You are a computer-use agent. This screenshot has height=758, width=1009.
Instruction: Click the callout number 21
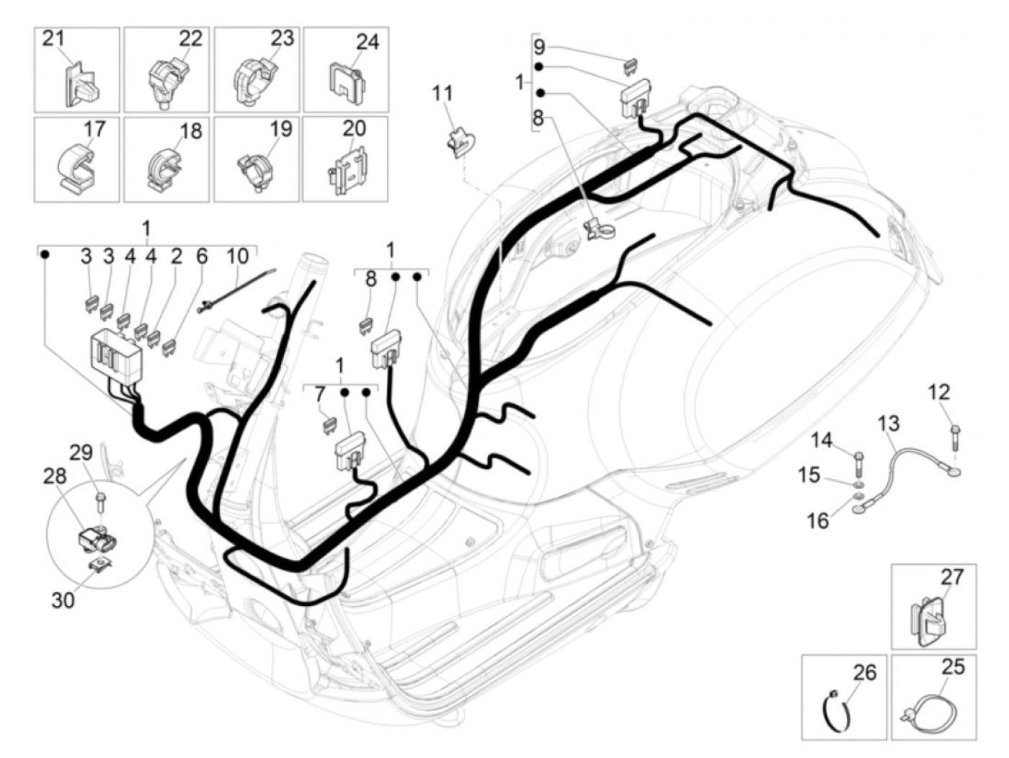(53, 38)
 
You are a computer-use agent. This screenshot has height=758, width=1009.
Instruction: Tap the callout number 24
(367, 42)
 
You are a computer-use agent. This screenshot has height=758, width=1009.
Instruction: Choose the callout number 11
(443, 93)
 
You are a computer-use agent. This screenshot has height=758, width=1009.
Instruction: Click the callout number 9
(540, 48)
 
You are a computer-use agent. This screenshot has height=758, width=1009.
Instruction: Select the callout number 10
(237, 256)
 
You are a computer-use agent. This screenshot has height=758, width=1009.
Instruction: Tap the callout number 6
(201, 256)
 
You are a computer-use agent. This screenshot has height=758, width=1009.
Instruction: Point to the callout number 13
(889, 423)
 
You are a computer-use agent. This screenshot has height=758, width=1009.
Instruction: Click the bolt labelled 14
(858, 458)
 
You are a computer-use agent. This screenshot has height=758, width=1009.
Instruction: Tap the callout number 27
(951, 577)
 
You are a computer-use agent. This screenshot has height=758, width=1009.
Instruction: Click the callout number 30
(63, 599)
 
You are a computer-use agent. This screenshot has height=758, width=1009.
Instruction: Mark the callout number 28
(54, 476)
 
